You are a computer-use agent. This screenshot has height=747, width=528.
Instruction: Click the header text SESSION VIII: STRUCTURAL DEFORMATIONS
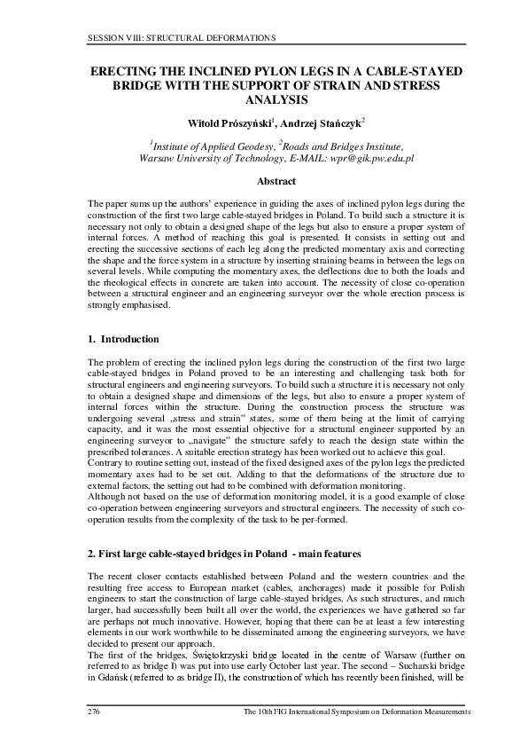point(182,38)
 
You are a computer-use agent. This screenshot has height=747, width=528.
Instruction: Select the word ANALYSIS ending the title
point(263,101)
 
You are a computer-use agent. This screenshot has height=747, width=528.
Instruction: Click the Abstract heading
point(263,182)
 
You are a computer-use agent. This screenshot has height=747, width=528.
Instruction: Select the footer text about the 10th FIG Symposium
point(356,713)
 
